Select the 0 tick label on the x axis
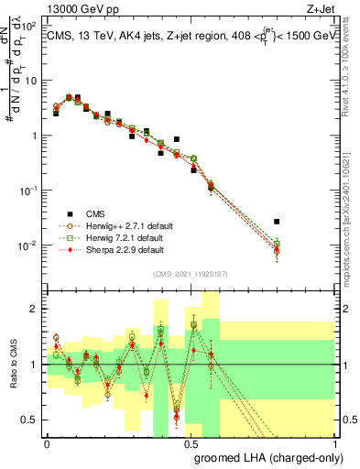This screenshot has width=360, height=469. (47, 442)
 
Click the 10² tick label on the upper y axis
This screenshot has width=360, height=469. (27, 26)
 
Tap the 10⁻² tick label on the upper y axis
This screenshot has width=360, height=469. (27, 245)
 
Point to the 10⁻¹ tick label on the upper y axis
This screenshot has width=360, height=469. (27, 191)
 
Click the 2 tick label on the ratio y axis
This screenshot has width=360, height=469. (33, 309)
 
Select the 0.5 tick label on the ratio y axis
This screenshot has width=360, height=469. (29, 420)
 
